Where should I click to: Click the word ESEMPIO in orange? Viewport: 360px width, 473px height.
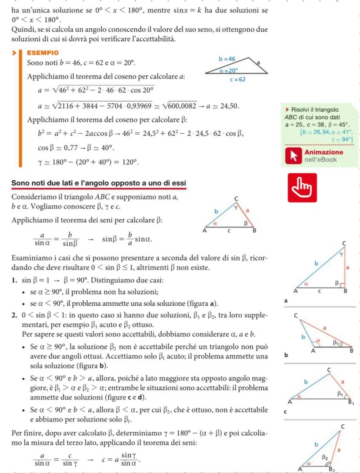[42, 53]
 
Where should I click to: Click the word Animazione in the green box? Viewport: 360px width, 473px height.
[323, 152]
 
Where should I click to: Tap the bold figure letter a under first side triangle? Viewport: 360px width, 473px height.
[285, 301]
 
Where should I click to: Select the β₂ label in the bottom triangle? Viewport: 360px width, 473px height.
[325, 457]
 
